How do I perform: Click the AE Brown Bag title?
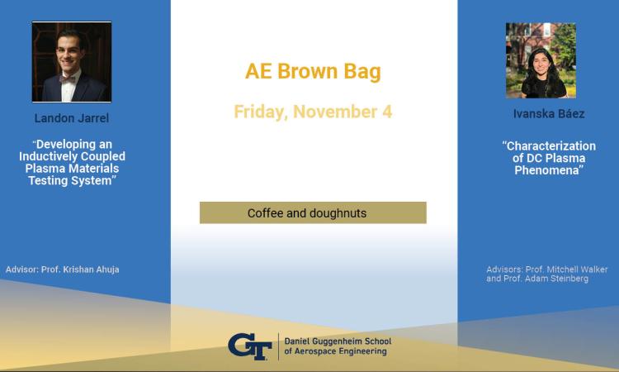point(313,72)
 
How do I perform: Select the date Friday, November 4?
point(313,112)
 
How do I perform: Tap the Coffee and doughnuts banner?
point(313,212)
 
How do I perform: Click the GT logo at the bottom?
point(250,346)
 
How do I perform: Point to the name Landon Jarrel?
point(72,118)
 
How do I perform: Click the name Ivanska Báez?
point(549,114)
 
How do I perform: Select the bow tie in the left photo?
point(67,79)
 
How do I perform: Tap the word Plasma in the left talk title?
point(42,169)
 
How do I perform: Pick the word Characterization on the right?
point(549,145)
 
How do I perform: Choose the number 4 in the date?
point(387,112)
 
